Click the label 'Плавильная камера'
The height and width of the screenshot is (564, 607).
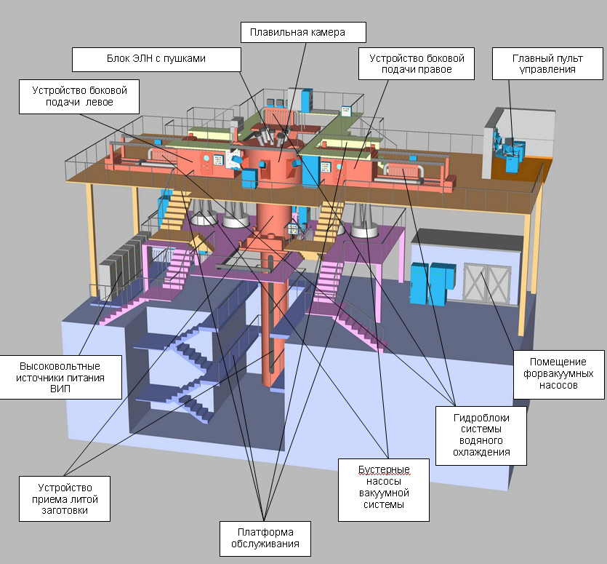pyautogui.click(x=303, y=32)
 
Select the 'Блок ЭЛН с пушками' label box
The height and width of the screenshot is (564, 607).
pyautogui.click(x=157, y=59)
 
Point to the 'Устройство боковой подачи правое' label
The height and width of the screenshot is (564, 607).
pyautogui.click(x=416, y=63)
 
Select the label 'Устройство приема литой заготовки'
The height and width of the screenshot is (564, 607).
pyautogui.click(x=64, y=499)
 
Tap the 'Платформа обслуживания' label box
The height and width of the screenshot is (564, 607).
pyautogui.click(x=265, y=538)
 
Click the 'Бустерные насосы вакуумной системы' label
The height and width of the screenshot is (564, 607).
pyautogui.click(x=383, y=487)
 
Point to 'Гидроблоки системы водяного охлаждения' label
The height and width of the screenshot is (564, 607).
pyautogui.click(x=481, y=435)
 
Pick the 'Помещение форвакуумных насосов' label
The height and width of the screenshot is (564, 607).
pyautogui.click(x=558, y=373)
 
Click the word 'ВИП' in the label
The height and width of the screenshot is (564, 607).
pyautogui.click(x=60, y=390)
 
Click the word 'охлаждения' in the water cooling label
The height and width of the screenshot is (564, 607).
pyautogui.click(x=481, y=452)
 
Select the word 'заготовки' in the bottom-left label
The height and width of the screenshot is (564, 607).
pyautogui.click(x=64, y=511)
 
